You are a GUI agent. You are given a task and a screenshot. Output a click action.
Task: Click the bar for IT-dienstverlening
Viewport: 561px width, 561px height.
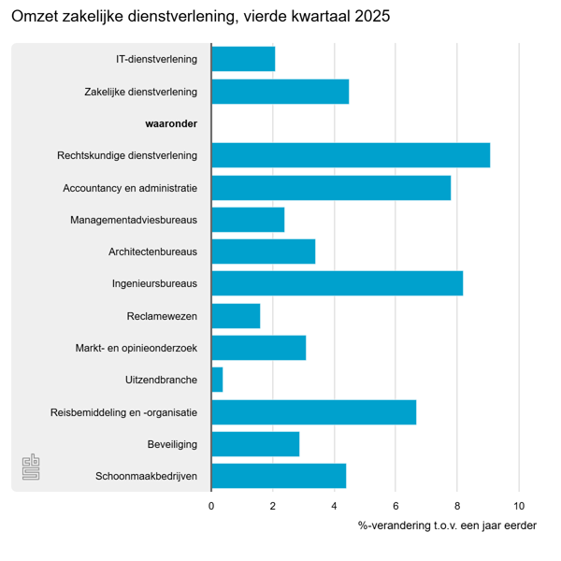[x=243, y=59]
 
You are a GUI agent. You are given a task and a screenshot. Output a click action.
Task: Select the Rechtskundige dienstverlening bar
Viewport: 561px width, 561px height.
[x=351, y=155]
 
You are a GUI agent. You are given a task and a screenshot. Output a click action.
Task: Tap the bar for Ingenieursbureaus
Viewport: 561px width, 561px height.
[x=337, y=283]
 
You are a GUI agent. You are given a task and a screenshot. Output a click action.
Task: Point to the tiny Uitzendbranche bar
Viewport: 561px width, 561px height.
[x=217, y=380]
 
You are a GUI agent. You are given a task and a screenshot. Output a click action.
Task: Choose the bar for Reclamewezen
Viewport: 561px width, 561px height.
[x=236, y=316]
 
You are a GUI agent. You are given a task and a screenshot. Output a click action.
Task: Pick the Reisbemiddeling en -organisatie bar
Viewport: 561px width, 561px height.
[x=313, y=411]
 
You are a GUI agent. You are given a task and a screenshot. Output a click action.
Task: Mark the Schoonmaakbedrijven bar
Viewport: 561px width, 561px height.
[x=279, y=476]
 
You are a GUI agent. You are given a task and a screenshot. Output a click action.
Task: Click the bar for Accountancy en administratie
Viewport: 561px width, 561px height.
[x=331, y=188]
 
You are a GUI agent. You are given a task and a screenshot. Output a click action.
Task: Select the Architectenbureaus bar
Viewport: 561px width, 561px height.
[x=263, y=252]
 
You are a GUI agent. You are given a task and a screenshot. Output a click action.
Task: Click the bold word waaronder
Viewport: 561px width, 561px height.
[x=171, y=123]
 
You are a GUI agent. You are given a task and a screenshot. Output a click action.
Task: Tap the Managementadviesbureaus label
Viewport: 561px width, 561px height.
[x=134, y=220]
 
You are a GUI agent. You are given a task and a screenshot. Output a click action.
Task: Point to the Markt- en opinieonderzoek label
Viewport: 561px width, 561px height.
[x=137, y=348]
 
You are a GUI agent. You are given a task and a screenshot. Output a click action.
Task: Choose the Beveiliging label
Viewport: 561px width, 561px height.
[x=172, y=444]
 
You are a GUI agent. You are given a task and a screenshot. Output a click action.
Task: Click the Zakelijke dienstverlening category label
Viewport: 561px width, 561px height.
[x=140, y=92]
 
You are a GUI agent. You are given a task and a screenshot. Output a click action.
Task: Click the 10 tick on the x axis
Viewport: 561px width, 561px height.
[x=519, y=506]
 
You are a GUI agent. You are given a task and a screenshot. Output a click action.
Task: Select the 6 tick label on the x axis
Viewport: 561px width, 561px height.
[x=396, y=506]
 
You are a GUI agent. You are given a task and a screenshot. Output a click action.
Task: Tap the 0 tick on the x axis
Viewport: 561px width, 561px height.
[x=211, y=506]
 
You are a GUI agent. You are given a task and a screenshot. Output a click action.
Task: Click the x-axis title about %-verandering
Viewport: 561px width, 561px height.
[x=447, y=525]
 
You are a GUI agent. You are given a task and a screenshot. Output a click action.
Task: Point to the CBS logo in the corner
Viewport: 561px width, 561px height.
[x=32, y=467]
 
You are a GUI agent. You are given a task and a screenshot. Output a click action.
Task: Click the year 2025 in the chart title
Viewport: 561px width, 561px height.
[x=373, y=18]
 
